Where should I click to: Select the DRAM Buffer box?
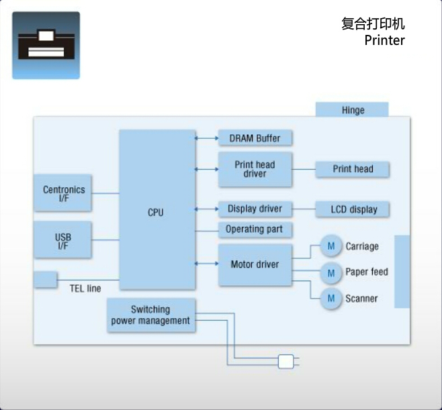pyautogui.click(x=255, y=138)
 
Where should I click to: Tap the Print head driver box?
pyautogui.click(x=255, y=169)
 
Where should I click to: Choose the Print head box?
pyautogui.click(x=352, y=169)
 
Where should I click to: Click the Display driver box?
pyautogui.click(x=255, y=209)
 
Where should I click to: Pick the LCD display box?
pyautogui.click(x=352, y=209)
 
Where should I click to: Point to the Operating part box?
pyautogui.click(x=255, y=229)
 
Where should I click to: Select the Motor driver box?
pyautogui.click(x=255, y=264)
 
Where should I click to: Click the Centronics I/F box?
pyautogui.click(x=63, y=194)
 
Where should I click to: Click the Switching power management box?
pyautogui.click(x=151, y=315)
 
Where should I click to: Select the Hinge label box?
pyautogui.click(x=352, y=110)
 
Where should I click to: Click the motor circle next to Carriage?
pyautogui.click(x=331, y=246)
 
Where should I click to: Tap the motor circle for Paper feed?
pyautogui.click(x=331, y=272)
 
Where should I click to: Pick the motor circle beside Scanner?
pyautogui.click(x=331, y=299)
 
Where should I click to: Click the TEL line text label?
pyautogui.click(x=85, y=289)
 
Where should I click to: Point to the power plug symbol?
pyautogui.click(x=287, y=362)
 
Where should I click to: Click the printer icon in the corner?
pyautogui.click(x=46, y=45)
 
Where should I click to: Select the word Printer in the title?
pyautogui.click(x=384, y=40)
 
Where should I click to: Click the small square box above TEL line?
pyautogui.click(x=45, y=279)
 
